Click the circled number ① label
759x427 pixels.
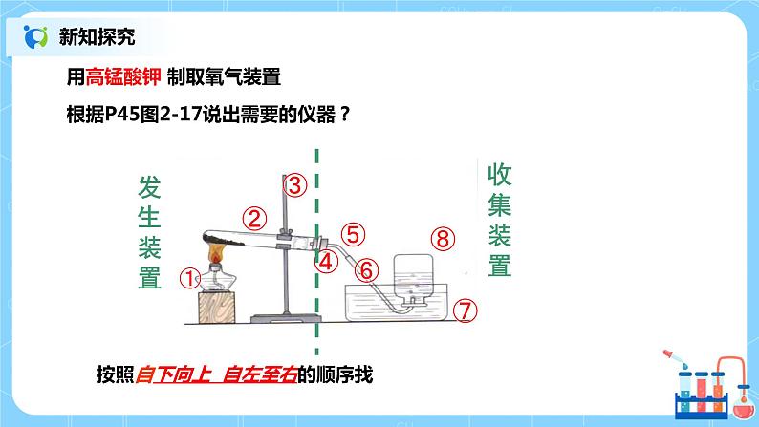click(190, 278)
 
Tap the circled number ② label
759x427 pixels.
click(253, 218)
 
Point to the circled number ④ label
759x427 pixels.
click(327, 260)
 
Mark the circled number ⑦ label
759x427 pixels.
click(465, 310)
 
